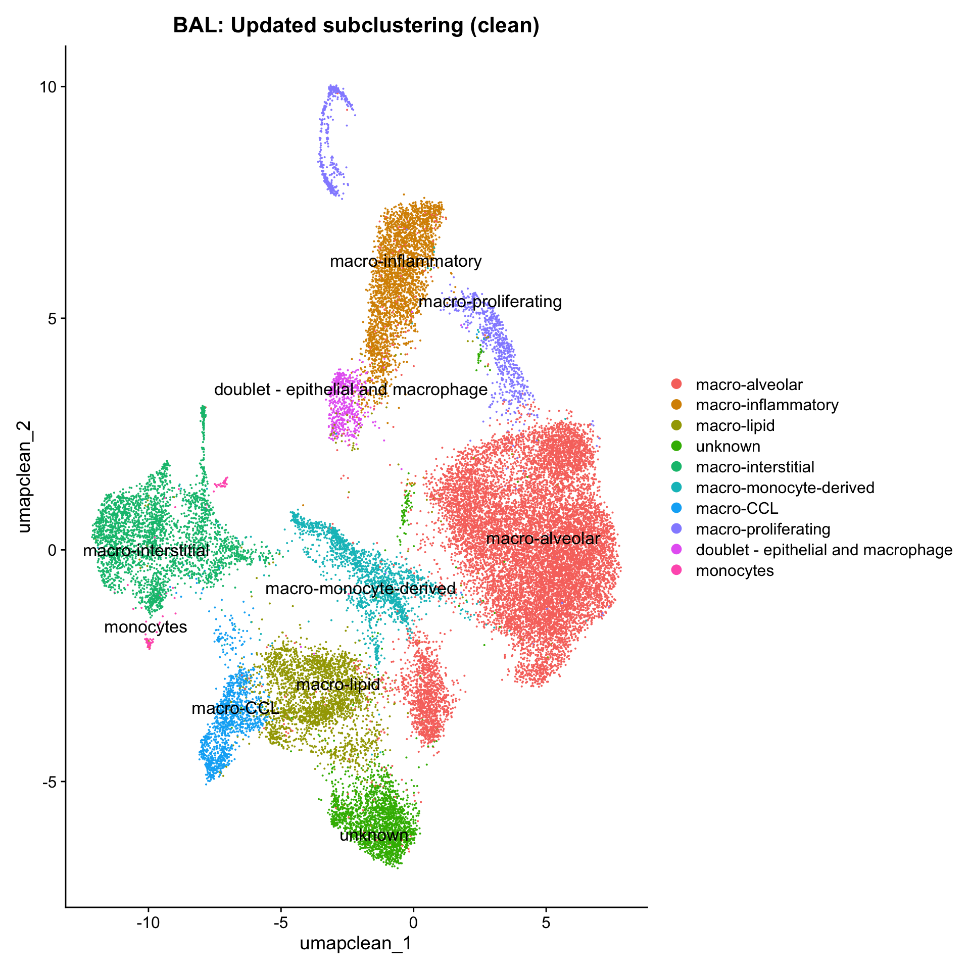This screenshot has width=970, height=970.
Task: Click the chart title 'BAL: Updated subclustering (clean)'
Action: [356, 26]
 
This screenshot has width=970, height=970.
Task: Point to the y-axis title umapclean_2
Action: [24, 477]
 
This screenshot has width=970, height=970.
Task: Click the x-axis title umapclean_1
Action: [356, 943]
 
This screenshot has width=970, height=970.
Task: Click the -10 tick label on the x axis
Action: [148, 923]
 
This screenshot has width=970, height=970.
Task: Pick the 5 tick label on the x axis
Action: [546, 923]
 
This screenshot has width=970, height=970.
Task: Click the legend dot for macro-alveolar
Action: [676, 384]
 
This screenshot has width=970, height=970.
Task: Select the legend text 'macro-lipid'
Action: [735, 426]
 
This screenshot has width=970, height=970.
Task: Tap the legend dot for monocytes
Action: [676, 570]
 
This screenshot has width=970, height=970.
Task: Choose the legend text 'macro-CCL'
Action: [737, 508]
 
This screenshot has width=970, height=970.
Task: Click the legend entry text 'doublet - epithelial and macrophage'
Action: [824, 550]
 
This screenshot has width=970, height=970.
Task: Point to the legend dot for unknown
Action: [676, 447]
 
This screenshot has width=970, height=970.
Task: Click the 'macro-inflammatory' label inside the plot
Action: [406, 261]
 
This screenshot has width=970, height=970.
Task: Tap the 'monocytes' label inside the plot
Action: [145, 627]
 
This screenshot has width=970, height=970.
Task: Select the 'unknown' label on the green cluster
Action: [374, 835]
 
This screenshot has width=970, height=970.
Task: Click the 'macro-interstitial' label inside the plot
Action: [146, 551]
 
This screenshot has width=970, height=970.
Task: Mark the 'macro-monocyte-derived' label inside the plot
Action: [360, 589]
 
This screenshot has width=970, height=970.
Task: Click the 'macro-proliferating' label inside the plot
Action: [490, 302]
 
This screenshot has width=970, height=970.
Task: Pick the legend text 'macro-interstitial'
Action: [755, 467]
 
